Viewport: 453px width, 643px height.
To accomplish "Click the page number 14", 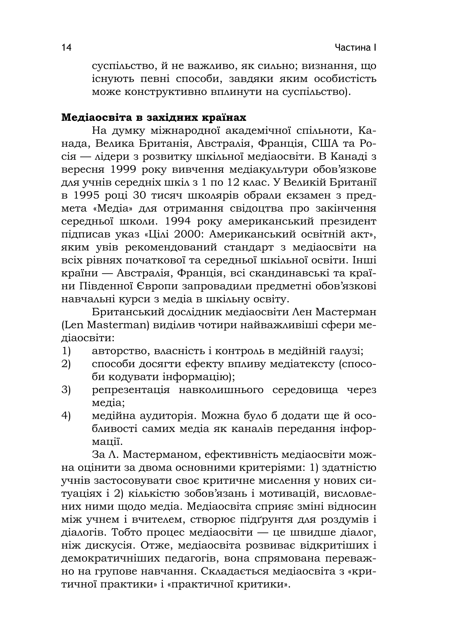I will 67,48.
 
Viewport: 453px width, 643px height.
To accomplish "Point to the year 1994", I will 178,221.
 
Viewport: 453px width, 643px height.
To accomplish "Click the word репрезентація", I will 131,390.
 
